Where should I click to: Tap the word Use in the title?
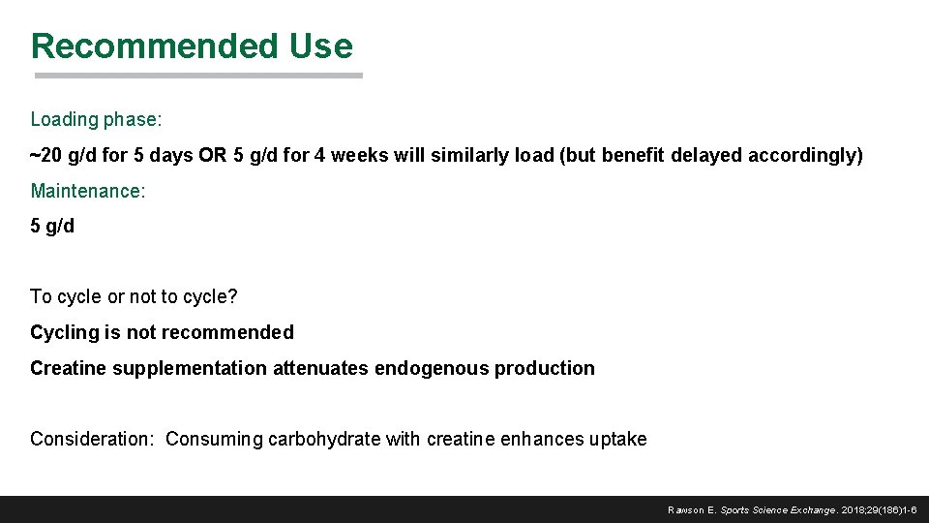pos(320,46)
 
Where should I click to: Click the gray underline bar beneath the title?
pos(198,76)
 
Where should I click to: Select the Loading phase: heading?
pos(96,120)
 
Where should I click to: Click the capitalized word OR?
pos(213,156)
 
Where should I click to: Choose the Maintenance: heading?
pos(88,191)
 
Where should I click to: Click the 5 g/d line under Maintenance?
pos(52,227)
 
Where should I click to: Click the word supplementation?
pos(190,369)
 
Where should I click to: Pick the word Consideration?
pos(92,440)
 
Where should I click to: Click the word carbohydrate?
pos(323,440)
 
